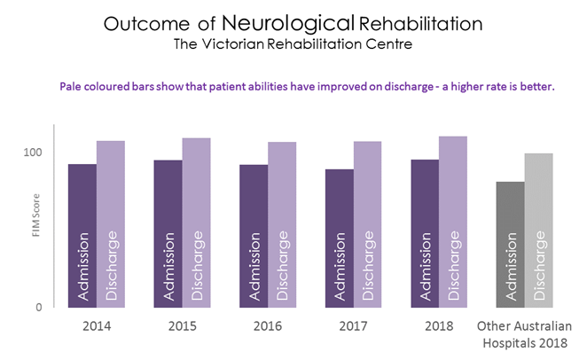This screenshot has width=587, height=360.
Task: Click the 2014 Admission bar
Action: [82, 236]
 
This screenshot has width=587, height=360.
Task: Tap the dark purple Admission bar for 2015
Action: [168, 234]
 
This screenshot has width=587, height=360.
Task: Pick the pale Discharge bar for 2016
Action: [282, 225]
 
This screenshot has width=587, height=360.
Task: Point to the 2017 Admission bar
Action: [339, 239]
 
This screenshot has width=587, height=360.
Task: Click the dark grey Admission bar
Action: [510, 245]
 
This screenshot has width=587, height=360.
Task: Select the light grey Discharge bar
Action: [539, 231]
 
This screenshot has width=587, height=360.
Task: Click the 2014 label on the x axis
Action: [96, 325]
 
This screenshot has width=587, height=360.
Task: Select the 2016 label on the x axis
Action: [267, 325]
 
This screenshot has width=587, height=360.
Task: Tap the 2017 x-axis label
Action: [353, 325]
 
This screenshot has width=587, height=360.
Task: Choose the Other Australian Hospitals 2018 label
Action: [525, 333]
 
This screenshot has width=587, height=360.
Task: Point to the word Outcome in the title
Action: [140, 24]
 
